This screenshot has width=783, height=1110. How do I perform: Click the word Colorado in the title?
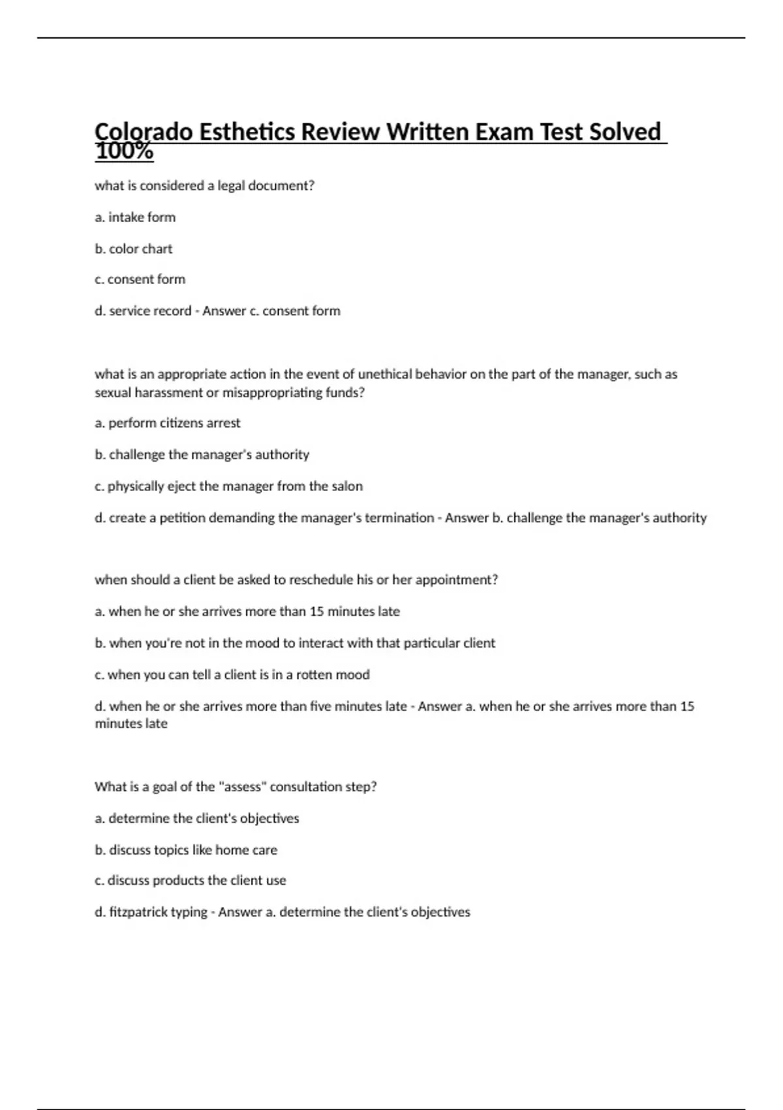click(x=144, y=133)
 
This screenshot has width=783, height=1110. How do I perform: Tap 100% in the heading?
click(x=124, y=152)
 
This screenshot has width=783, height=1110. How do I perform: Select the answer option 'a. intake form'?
click(x=135, y=217)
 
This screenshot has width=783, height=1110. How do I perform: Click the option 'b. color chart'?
click(x=134, y=249)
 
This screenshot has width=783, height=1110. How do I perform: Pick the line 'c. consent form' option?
click(x=140, y=279)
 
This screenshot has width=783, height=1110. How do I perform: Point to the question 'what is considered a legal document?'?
click(x=204, y=186)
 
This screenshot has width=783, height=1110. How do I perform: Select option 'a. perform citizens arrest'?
click(x=168, y=423)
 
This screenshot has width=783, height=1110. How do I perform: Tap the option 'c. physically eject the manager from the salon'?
click(x=228, y=486)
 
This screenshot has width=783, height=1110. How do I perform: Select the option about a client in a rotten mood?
click(x=232, y=674)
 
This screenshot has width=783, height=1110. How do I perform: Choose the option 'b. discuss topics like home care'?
click(x=186, y=850)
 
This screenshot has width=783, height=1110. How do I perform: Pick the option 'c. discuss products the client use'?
click(x=190, y=881)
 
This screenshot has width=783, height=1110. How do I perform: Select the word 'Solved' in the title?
click(x=625, y=133)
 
